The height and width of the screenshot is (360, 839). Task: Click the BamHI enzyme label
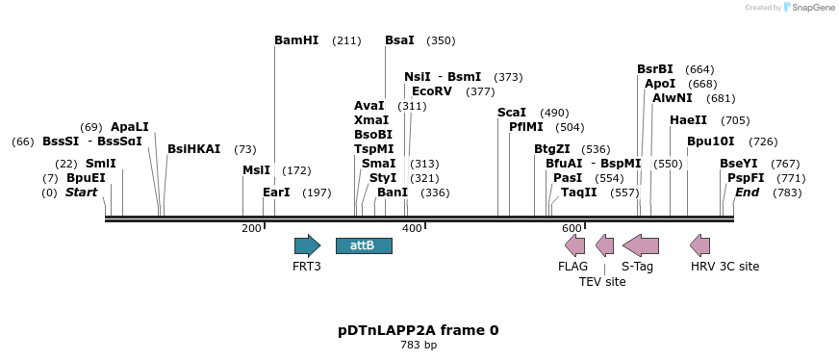point(296,40)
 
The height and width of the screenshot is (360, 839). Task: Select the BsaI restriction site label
point(399,40)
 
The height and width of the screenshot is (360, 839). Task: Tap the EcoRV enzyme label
point(431,91)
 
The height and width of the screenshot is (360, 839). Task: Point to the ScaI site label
point(512,113)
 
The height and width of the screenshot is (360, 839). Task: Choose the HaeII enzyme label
point(688,120)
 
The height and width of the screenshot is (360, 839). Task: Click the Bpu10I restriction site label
point(710,141)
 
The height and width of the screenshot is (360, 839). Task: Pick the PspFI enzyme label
point(746,178)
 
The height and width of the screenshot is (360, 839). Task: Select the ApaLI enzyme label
point(130,127)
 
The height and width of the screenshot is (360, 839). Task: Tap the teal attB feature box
point(364,245)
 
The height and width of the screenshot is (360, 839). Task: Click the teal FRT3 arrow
point(307,245)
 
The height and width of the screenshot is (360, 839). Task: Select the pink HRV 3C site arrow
point(700,245)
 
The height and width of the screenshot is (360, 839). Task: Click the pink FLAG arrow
point(574,245)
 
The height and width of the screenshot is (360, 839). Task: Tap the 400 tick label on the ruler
point(412,228)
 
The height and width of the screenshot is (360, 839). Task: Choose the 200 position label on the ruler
point(251,228)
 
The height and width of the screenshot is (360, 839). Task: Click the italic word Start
point(81,193)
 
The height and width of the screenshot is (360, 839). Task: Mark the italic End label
point(748,193)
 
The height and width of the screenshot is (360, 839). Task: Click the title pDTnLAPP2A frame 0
point(418,330)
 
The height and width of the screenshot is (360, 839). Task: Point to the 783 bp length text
point(418,345)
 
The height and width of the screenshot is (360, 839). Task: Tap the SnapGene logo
point(808,8)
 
